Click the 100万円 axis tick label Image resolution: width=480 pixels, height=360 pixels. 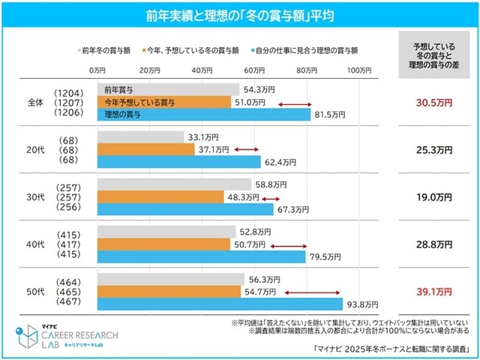point(358,70)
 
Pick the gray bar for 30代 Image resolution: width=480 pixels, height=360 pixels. point(173,184)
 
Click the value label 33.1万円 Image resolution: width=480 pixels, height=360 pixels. point(200,137)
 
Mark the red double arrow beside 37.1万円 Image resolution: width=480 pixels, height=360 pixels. point(245,150)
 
